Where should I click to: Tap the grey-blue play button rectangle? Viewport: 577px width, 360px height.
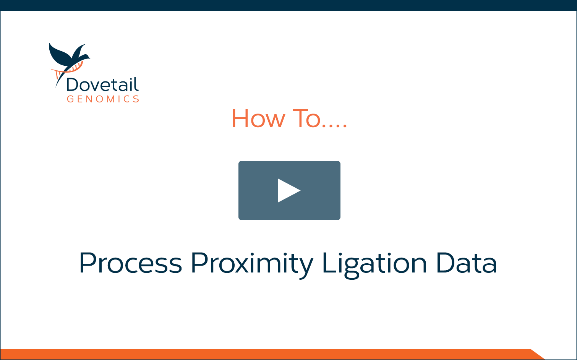click(289, 190)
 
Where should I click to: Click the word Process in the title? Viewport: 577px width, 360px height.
click(131, 263)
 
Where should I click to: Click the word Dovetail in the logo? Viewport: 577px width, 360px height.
click(102, 84)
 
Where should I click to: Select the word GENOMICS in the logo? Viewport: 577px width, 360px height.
click(103, 99)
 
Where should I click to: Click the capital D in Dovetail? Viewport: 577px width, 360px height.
click(73, 84)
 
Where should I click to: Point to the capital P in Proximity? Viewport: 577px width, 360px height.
click(199, 263)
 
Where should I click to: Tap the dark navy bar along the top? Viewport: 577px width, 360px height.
click(288, 5)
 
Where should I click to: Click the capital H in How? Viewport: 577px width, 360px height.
click(240, 118)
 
